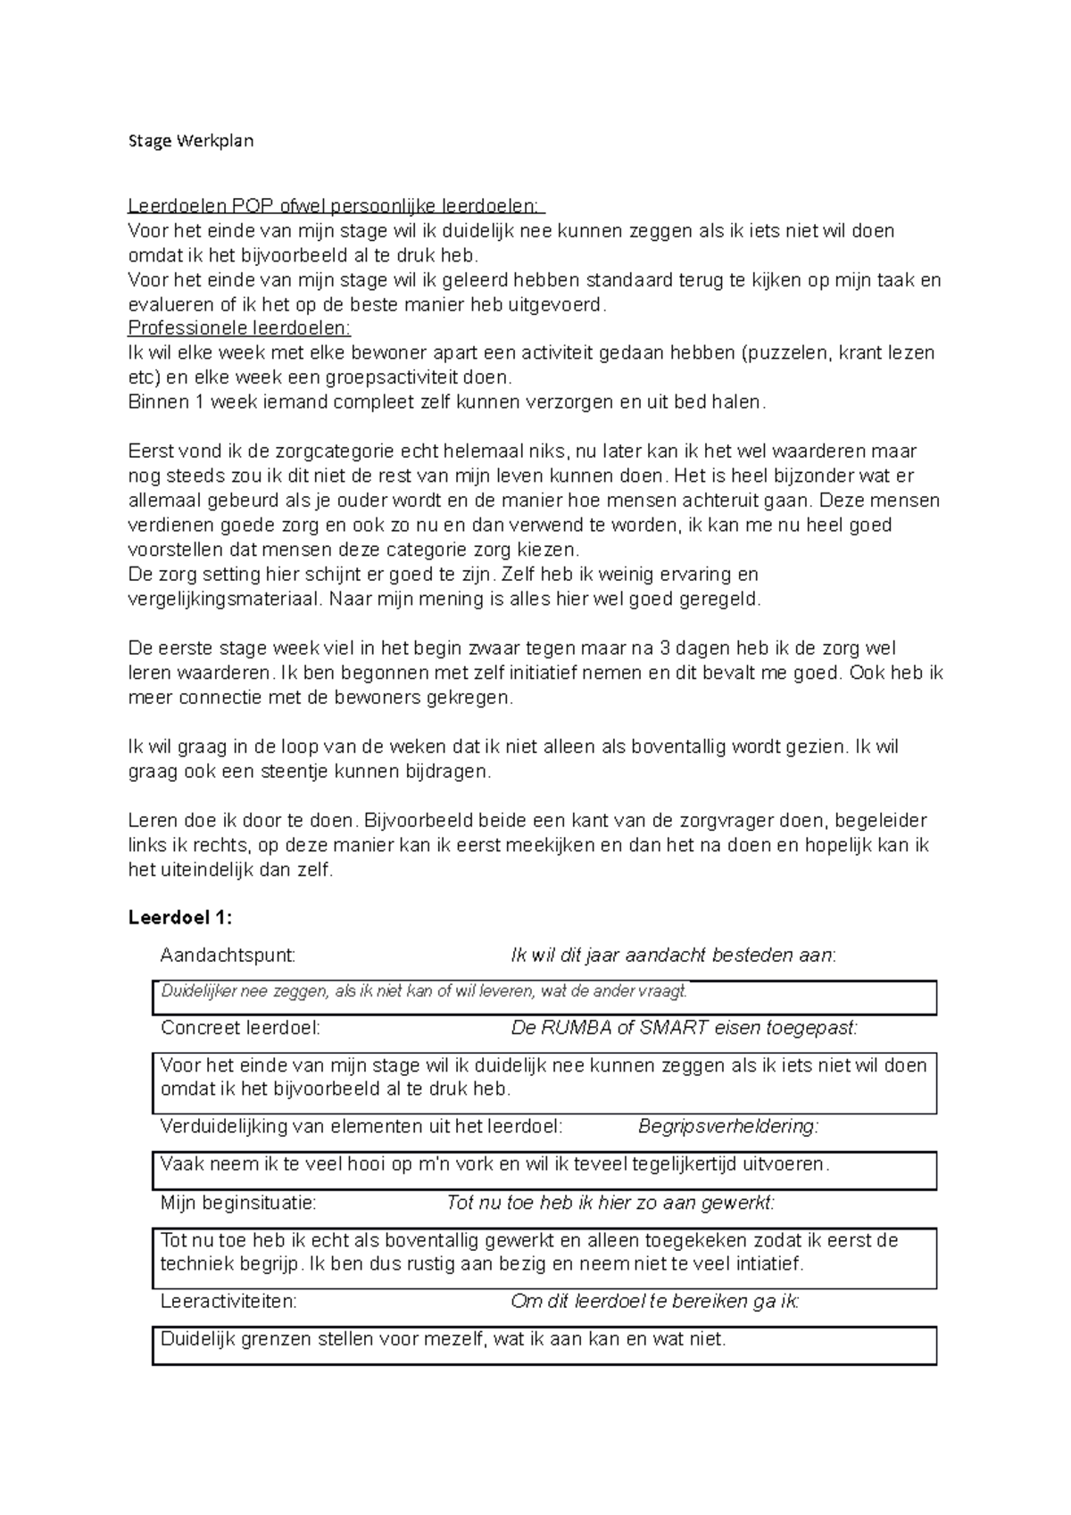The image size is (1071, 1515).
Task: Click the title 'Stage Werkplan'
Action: click(191, 141)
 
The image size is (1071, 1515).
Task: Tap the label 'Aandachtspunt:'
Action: click(227, 956)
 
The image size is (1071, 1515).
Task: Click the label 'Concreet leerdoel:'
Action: click(240, 1028)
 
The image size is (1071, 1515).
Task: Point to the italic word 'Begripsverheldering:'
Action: click(728, 1126)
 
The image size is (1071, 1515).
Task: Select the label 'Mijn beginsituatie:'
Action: click(237, 1203)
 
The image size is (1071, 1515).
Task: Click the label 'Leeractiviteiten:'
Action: click(228, 1301)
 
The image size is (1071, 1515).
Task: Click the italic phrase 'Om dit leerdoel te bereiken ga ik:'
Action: click(654, 1301)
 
